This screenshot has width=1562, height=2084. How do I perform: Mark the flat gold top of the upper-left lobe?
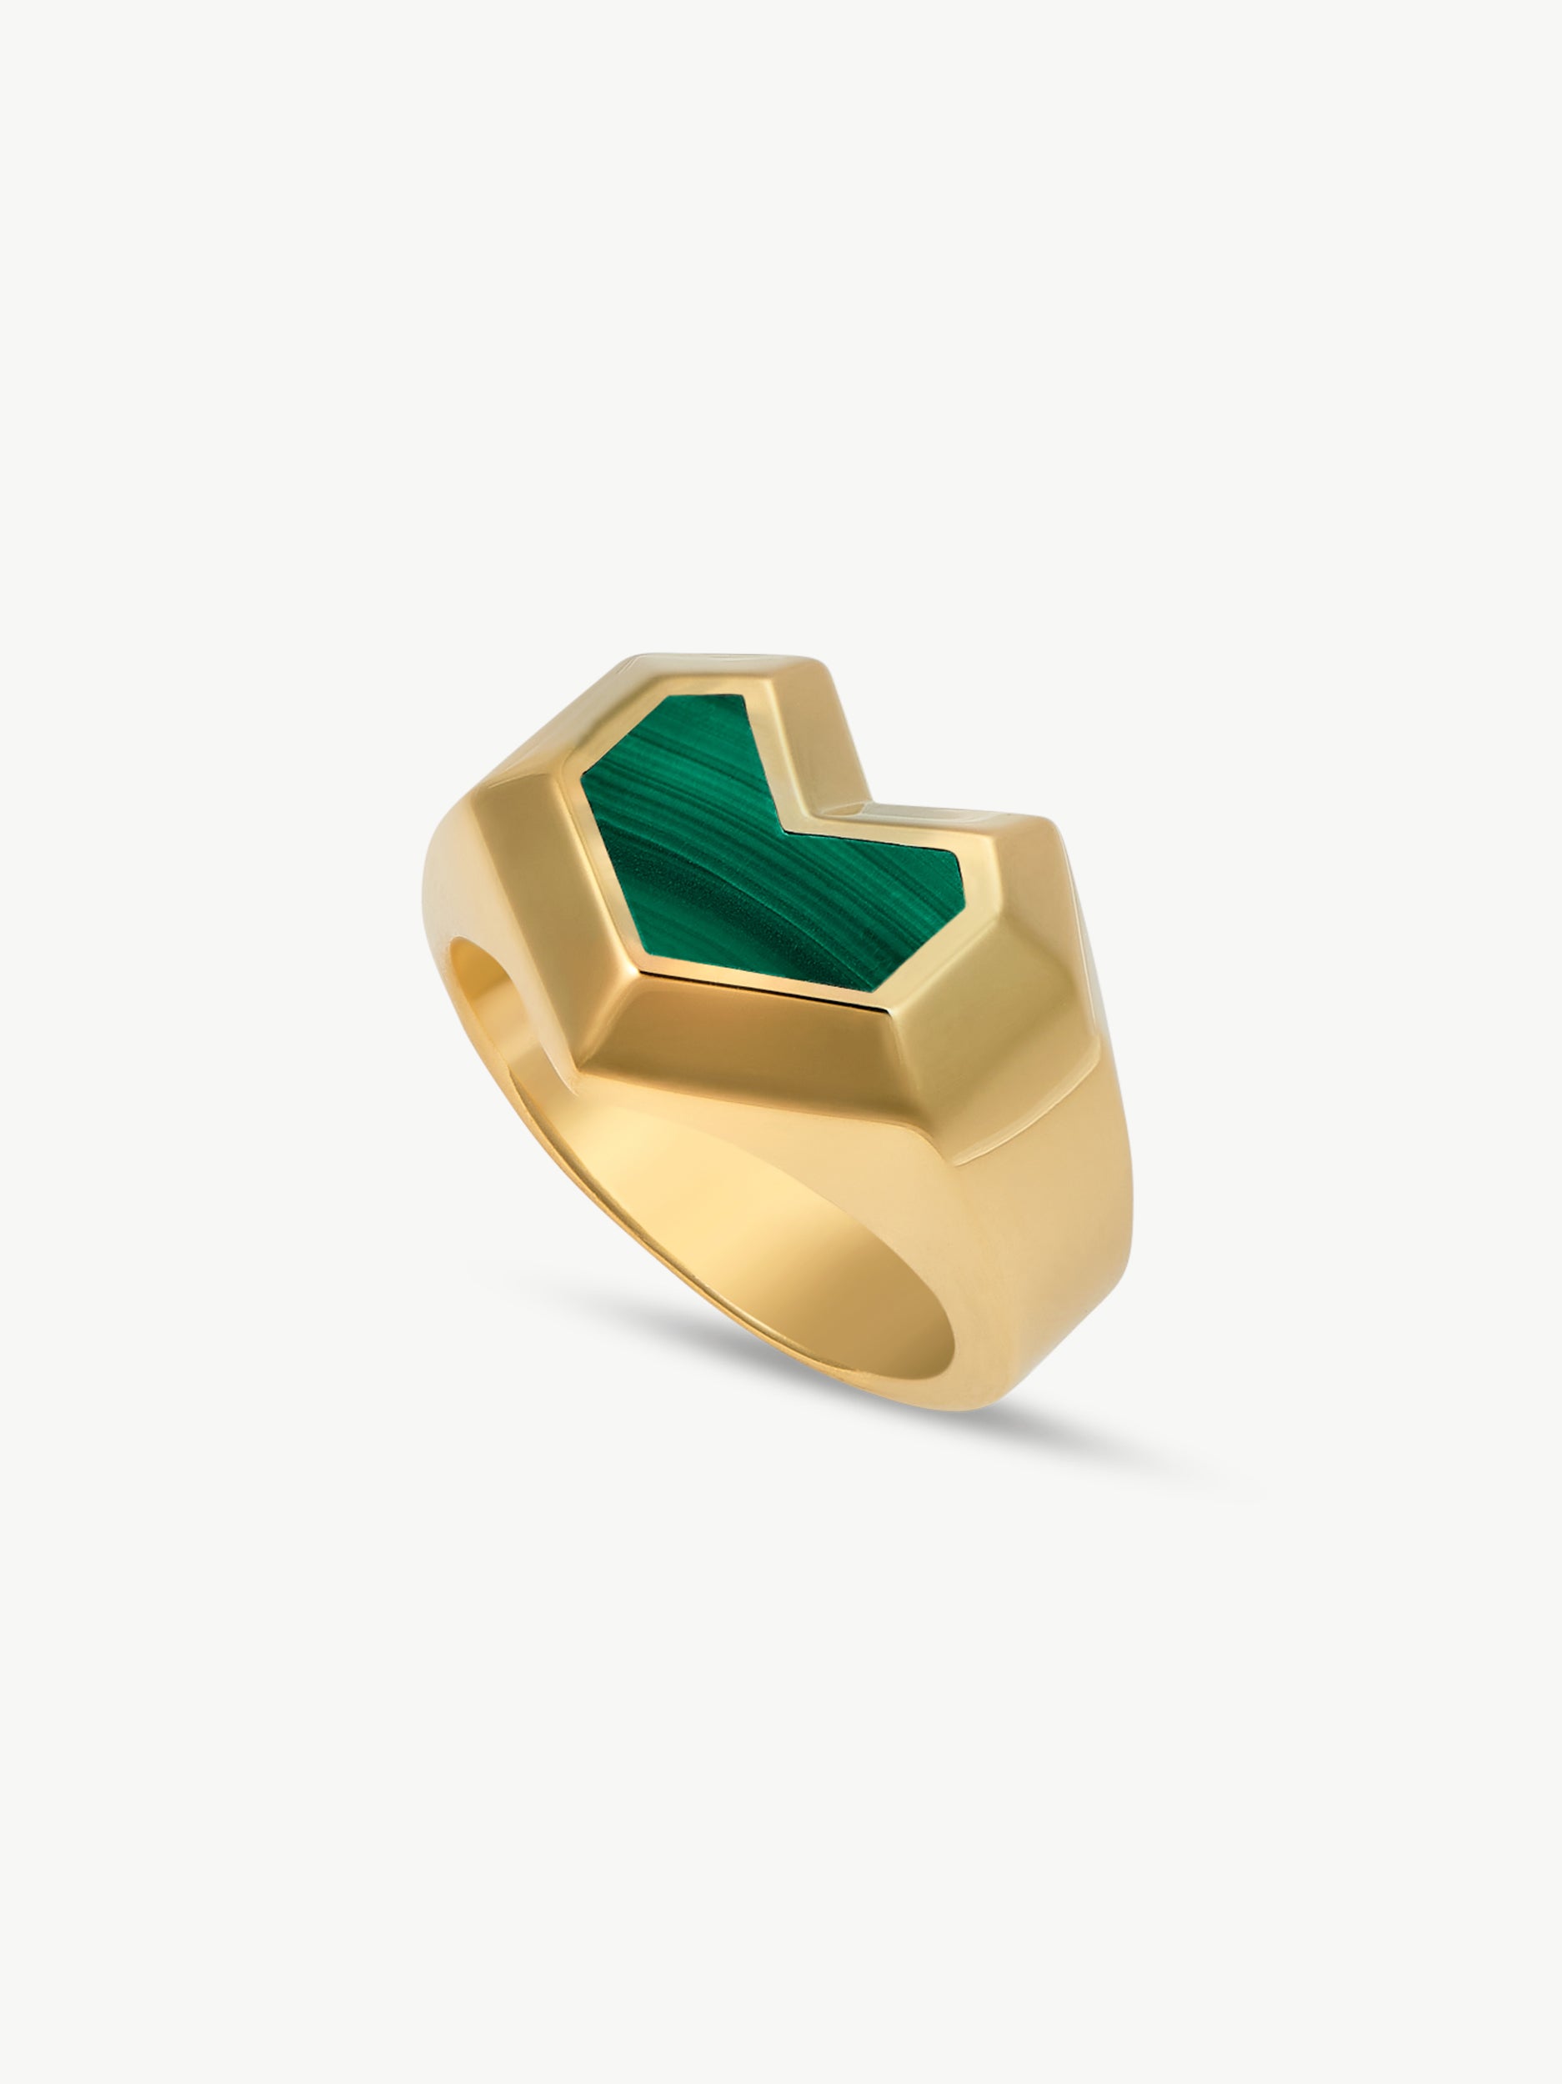(716, 664)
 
